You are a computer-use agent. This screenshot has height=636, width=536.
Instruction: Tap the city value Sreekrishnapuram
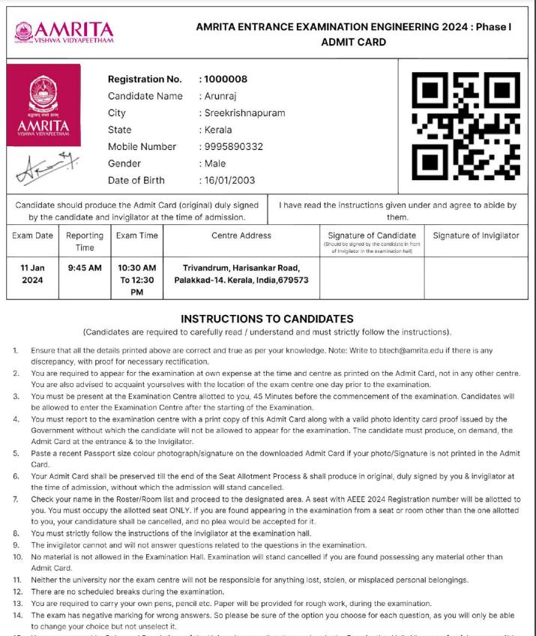coord(244,113)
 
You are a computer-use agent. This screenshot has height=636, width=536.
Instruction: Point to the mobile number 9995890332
coord(234,147)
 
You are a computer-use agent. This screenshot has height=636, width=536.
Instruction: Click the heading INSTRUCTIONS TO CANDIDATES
coord(267,319)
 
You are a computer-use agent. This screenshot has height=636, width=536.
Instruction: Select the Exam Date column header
coord(33,235)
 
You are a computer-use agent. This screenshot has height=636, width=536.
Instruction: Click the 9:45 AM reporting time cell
coord(85,268)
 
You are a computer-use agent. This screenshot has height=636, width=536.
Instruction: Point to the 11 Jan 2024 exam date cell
coord(33,274)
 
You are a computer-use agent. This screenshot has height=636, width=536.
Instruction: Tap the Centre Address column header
coord(241,235)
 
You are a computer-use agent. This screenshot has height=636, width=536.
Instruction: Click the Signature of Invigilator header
coord(475,235)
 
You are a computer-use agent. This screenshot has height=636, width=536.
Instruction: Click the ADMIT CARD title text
coord(353,42)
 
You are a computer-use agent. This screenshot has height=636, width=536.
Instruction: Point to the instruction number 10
coord(18,556)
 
